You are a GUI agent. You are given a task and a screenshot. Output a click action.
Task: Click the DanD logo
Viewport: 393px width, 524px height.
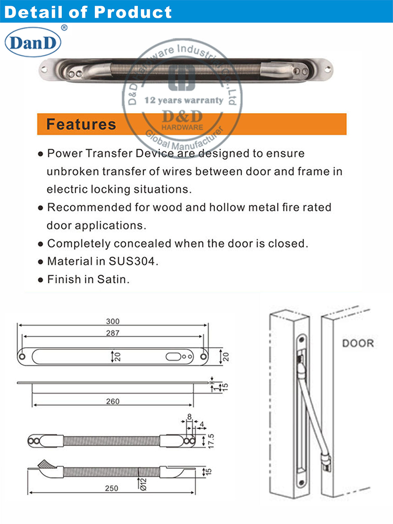(33, 42)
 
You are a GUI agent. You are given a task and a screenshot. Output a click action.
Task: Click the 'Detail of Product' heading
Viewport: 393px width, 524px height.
(88, 12)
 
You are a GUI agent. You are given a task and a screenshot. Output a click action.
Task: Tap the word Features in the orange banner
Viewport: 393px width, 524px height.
(81, 124)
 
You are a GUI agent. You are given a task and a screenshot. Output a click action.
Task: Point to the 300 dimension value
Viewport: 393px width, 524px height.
(113, 321)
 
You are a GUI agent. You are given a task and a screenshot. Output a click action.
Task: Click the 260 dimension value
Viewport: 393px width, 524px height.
(113, 402)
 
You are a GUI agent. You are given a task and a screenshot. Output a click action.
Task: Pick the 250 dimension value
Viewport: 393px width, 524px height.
(111, 488)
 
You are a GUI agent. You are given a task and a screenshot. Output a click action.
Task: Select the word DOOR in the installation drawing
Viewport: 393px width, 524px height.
(358, 343)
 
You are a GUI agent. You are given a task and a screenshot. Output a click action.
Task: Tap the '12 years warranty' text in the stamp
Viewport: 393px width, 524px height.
(176, 99)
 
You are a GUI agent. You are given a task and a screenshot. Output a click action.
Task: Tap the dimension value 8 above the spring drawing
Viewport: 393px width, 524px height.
(189, 417)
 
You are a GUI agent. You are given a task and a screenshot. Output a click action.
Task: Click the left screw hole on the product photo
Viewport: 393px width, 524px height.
(45, 68)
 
